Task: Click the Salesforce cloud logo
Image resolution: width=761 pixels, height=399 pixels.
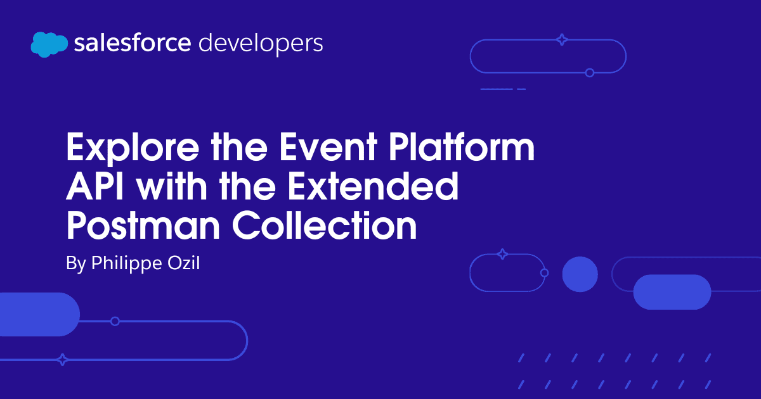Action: point(49,44)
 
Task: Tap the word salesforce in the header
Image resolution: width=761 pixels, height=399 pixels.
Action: point(133,43)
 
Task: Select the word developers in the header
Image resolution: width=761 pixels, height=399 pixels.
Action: point(261,44)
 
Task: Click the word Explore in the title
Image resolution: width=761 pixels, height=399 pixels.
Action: point(133,149)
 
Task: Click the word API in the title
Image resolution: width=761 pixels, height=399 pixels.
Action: point(94,186)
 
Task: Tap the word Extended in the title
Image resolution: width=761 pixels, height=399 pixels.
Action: point(373,186)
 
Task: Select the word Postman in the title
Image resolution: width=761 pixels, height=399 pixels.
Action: point(143,225)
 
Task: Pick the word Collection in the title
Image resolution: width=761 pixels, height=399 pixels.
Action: point(325,225)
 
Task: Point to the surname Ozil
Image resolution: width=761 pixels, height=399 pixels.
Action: point(183,263)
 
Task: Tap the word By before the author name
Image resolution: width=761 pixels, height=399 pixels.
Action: point(75,263)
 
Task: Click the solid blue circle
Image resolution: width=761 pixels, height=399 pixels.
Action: point(580,274)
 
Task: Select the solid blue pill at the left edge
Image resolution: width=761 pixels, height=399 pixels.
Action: point(39,315)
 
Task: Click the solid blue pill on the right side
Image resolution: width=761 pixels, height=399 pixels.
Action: point(672,292)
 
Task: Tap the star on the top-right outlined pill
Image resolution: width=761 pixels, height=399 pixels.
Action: point(562,40)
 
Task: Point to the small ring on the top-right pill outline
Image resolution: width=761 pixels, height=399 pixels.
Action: point(590,73)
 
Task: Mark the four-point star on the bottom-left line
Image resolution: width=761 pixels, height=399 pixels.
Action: point(63,360)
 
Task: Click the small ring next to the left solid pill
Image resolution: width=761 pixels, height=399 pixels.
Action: point(115,321)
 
